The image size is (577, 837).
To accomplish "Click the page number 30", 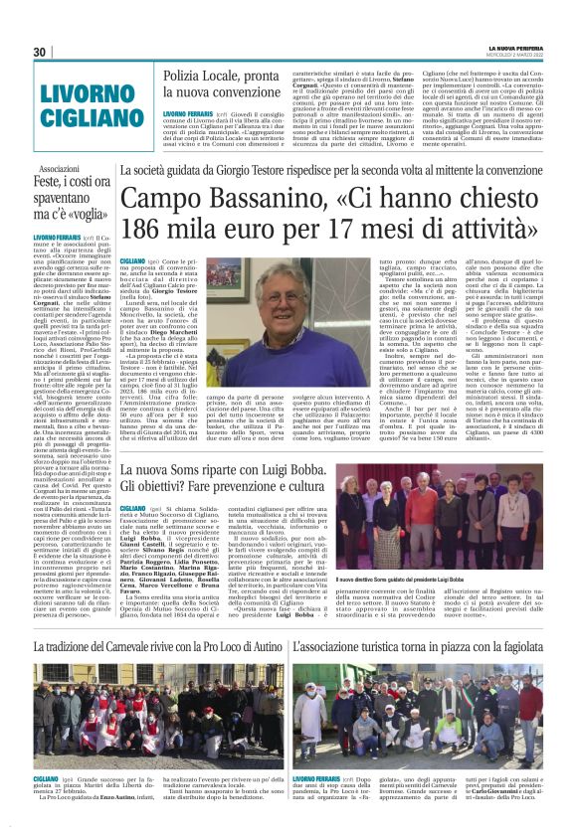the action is coord(41,52).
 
